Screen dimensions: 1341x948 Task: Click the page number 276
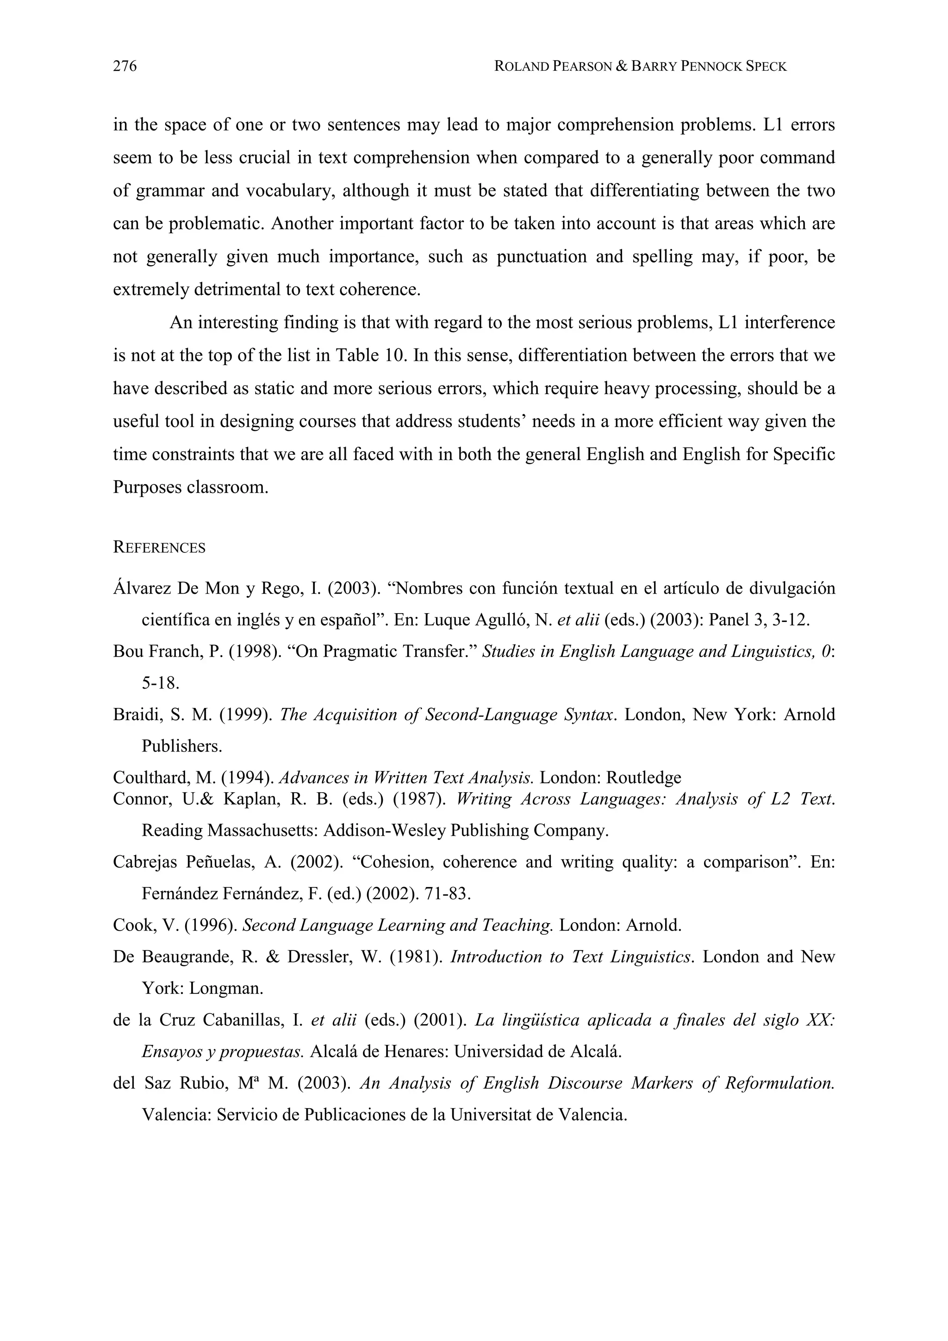click(125, 67)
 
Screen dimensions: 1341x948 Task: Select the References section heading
click(159, 548)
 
